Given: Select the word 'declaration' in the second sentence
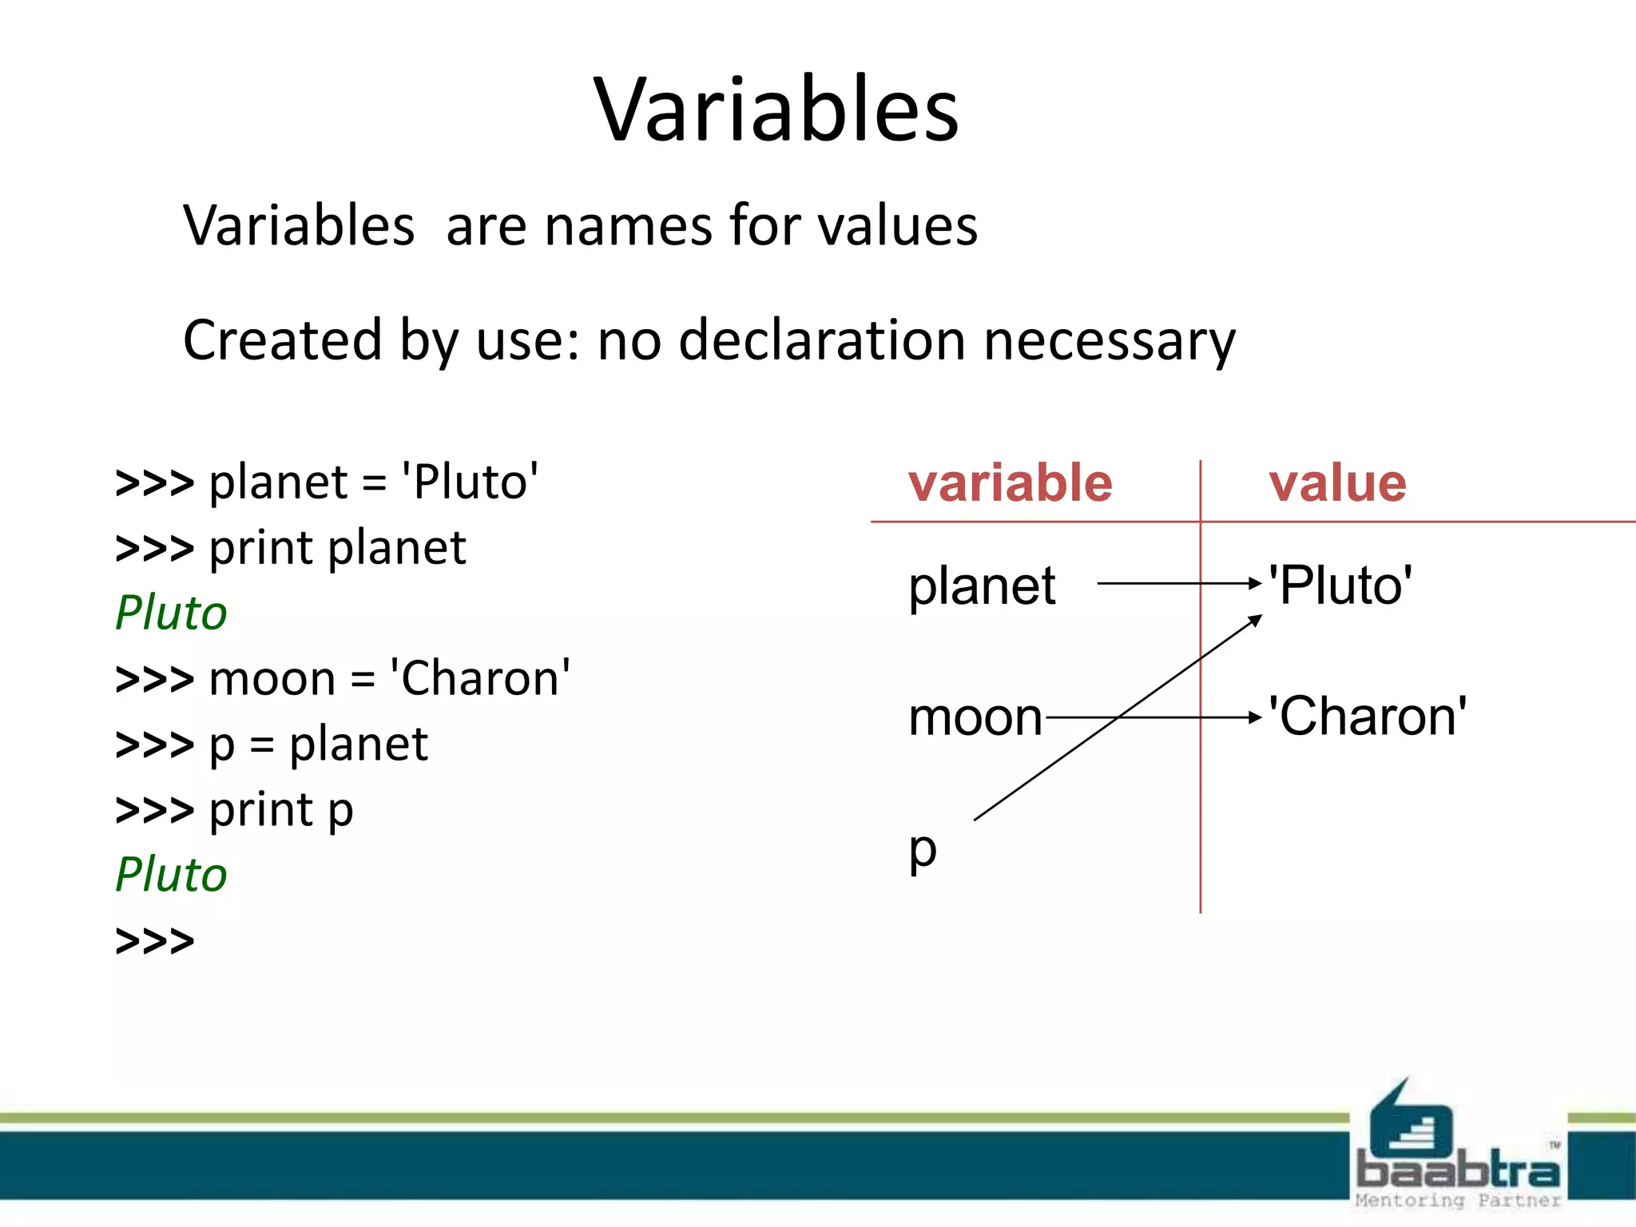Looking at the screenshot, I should point(823,340).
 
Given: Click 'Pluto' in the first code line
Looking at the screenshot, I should point(470,482).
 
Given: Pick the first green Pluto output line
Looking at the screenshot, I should point(171,613).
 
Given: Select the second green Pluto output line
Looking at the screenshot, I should point(171,874).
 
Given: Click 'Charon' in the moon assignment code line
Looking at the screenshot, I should point(479,678).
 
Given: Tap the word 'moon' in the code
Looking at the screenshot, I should point(272,679).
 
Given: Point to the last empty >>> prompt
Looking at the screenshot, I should point(155,940).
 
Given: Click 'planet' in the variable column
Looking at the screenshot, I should point(982,586).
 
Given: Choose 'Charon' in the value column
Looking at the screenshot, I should point(1368,716).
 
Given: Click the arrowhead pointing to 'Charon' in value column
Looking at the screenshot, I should point(1255,717).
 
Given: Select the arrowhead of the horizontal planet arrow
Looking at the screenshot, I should point(1255,583).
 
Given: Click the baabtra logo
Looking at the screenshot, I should point(1457,1150).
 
